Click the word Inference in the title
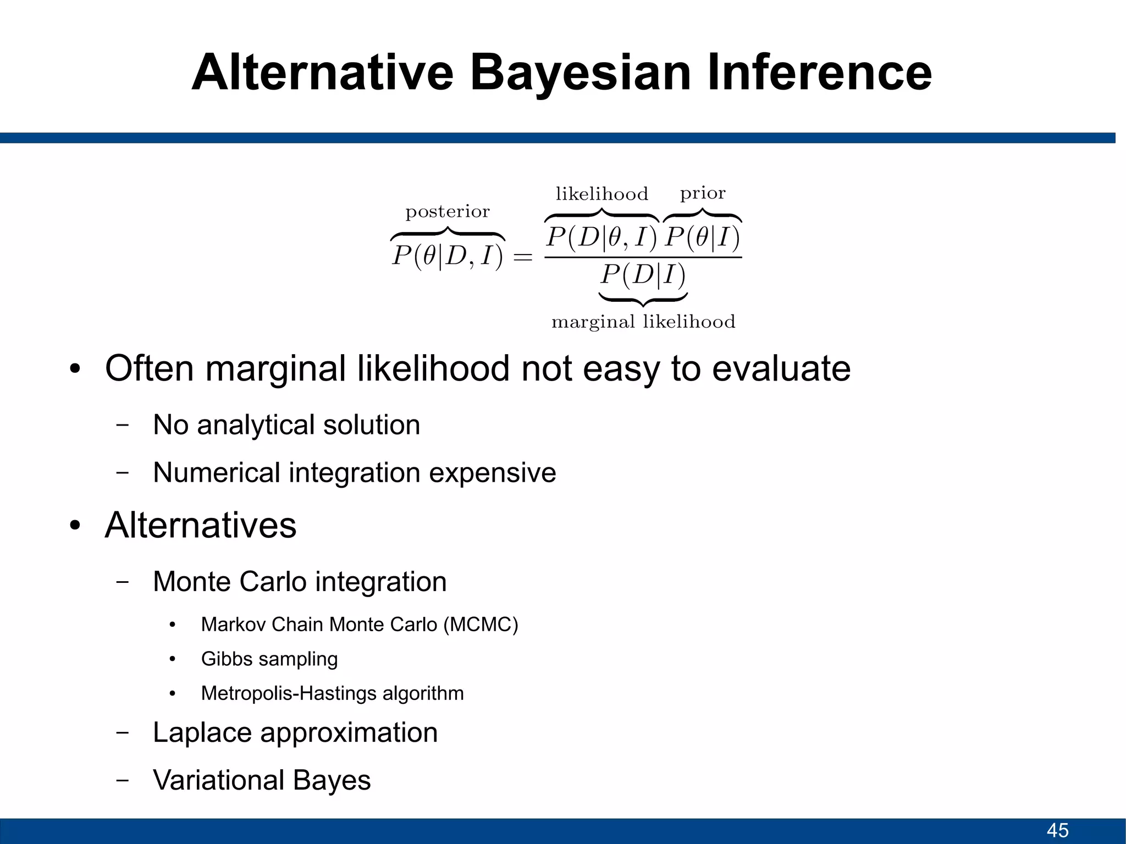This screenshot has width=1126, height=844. pyautogui.click(x=819, y=73)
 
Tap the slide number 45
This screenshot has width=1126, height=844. pyautogui.click(x=1057, y=830)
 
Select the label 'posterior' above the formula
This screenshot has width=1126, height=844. pyautogui.click(x=447, y=212)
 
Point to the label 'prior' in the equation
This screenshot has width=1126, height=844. pyautogui.click(x=703, y=194)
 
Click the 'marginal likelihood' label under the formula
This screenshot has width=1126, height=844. pyautogui.click(x=643, y=322)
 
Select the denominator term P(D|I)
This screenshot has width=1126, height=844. pyautogui.click(x=643, y=274)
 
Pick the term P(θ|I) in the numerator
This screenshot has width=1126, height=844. pyautogui.click(x=702, y=238)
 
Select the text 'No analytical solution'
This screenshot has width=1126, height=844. pyautogui.click(x=286, y=425)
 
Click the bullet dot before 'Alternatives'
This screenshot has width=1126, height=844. pyautogui.click(x=75, y=526)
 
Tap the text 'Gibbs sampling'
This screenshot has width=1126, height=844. pyautogui.click(x=269, y=659)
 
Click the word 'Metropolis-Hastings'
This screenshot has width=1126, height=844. pyautogui.click(x=289, y=693)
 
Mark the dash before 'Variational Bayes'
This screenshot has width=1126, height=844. pyautogui.click(x=123, y=780)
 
